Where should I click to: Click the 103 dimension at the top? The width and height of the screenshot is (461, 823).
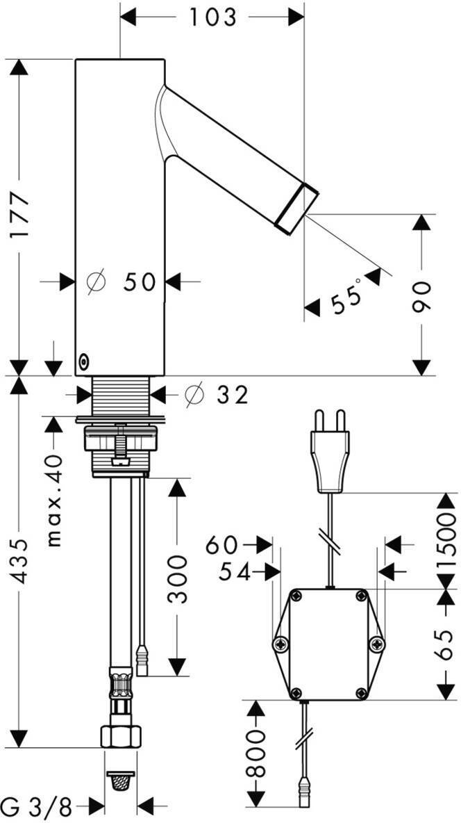[x=212, y=17]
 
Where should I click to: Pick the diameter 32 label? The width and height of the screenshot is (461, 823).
[x=216, y=395]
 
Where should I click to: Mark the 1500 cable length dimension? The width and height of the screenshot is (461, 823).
[x=446, y=539]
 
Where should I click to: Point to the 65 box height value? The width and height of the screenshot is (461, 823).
[x=446, y=645]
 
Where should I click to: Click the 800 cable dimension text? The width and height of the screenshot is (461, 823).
[x=257, y=754]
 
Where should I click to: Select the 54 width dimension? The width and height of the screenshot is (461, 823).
[x=234, y=571]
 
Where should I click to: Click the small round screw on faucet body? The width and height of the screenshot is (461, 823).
[x=84, y=361]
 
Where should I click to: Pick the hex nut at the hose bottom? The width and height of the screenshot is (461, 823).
[x=121, y=735]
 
